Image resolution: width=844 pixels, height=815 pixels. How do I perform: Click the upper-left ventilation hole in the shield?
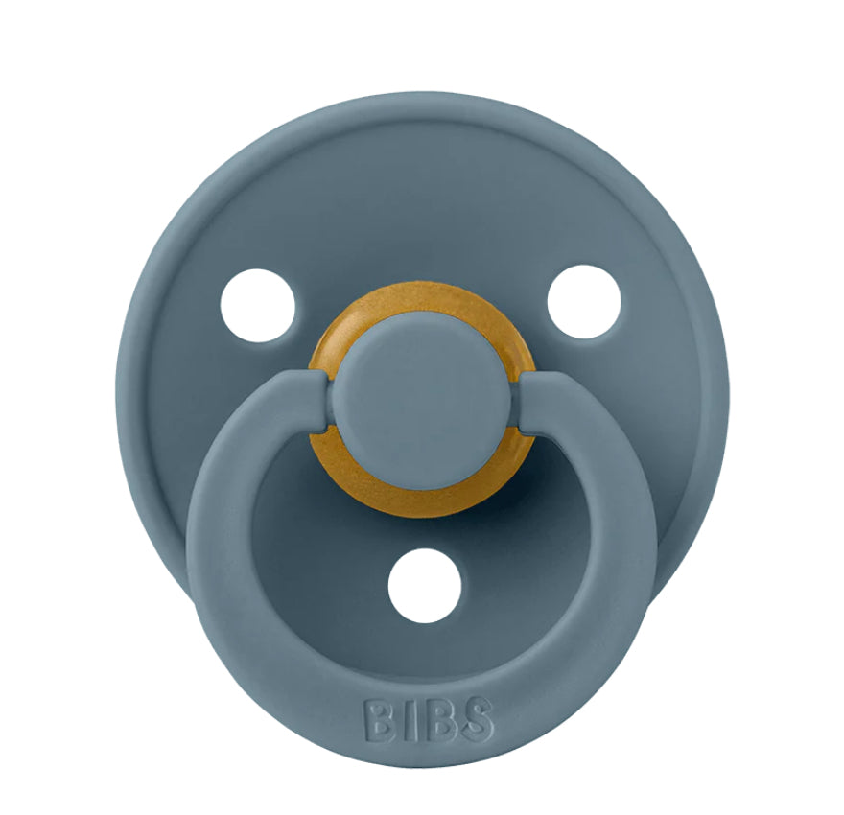pyautogui.click(x=258, y=306)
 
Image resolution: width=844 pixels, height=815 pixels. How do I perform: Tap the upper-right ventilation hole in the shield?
pyautogui.click(x=584, y=302)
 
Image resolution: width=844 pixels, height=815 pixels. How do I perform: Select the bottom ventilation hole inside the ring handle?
pyautogui.click(x=425, y=586)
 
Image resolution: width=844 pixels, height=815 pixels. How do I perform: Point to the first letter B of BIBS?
pyautogui.click(x=379, y=720)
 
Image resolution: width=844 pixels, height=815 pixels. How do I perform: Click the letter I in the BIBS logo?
pyautogui.click(x=407, y=720)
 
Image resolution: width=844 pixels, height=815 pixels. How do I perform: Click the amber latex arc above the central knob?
pyautogui.click(x=423, y=301)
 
